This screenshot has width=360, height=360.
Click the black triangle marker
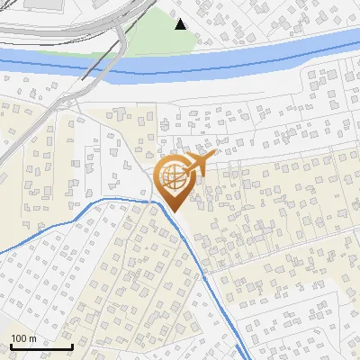click(x=181, y=24)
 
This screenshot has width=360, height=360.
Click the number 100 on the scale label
click(x=19, y=338)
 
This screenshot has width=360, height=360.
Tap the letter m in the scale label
click(x=33, y=338)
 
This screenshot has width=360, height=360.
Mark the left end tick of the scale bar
click(x=11, y=346)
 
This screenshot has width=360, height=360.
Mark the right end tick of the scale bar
click(x=71, y=346)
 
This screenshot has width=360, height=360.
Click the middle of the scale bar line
click(x=41, y=347)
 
